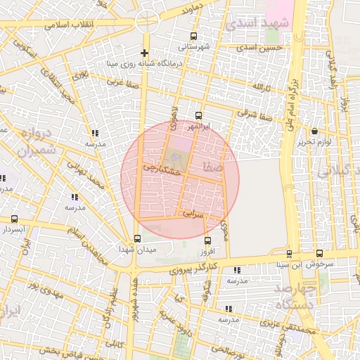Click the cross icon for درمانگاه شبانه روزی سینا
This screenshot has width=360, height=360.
(x=145, y=53)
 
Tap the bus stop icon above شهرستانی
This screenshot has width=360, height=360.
(x=193, y=37)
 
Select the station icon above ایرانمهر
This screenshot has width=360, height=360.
(x=198, y=116)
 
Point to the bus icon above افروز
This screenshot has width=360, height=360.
(x=206, y=241)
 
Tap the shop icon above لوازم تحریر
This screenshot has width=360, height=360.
(x=314, y=131)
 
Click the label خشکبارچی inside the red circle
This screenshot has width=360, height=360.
(x=162, y=169)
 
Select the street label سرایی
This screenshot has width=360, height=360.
(x=193, y=212)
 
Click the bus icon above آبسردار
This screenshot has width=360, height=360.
(x=15, y=219)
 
